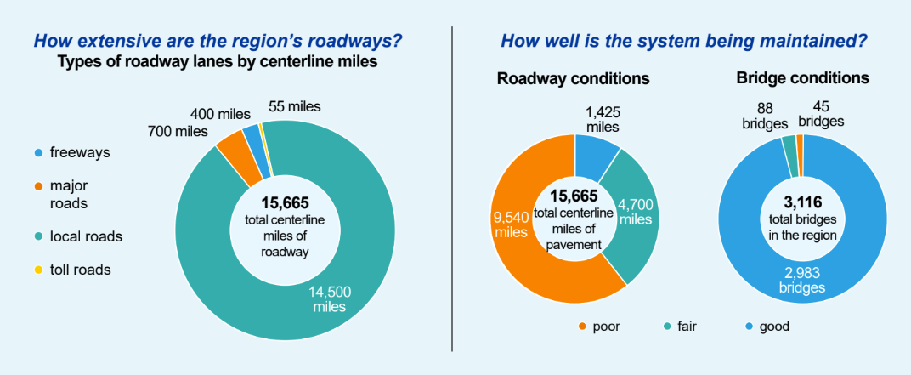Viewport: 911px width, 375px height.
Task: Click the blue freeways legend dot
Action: click(x=37, y=153)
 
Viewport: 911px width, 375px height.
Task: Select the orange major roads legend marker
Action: click(x=37, y=185)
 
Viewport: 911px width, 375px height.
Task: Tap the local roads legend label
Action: click(x=86, y=236)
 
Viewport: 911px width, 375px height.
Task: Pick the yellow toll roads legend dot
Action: click(x=37, y=270)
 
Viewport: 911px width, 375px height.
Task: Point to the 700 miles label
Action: click(x=179, y=131)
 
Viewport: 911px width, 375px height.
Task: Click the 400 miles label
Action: click(x=222, y=114)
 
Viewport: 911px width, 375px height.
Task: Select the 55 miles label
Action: click(x=297, y=107)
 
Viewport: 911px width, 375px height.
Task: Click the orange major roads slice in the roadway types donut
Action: click(x=230, y=148)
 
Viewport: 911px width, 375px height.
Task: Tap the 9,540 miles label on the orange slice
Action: click(x=510, y=225)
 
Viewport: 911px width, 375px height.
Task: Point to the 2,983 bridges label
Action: click(x=802, y=280)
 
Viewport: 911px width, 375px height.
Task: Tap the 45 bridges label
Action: click(x=821, y=113)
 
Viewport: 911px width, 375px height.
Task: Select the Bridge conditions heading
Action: click(x=802, y=77)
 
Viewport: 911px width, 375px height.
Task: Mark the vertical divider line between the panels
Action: click(x=452, y=187)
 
